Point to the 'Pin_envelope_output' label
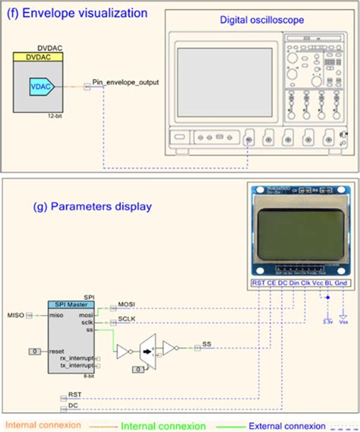125,81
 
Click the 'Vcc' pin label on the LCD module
318,282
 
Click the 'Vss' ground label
343,322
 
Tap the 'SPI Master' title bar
69,304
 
